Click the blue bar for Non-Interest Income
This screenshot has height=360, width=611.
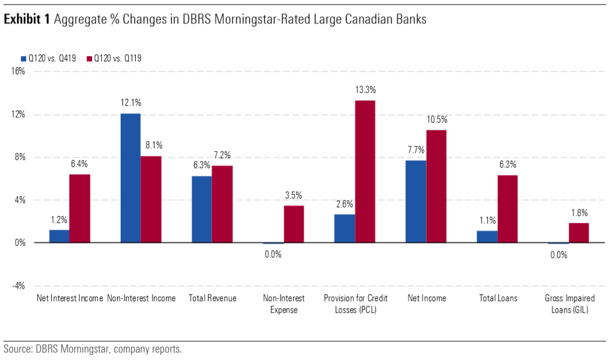tap(130, 178)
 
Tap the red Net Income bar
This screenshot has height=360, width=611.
tap(436, 186)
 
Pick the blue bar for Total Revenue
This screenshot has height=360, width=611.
tap(201, 209)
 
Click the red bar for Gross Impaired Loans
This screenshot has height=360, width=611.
tap(578, 233)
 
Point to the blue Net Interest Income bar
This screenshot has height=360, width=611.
tap(59, 236)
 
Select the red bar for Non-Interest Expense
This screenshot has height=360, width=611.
tap(294, 224)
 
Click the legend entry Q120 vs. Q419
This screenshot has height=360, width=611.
tap(50, 58)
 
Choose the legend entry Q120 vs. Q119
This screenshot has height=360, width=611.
tap(116, 58)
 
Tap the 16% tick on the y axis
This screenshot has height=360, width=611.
tap(17, 72)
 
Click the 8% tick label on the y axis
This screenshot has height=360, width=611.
tap(19, 157)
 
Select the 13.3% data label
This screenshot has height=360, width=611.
tap(366, 90)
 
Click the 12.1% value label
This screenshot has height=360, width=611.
tap(130, 103)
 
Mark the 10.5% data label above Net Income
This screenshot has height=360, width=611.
tap(436, 120)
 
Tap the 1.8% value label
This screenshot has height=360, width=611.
tap(579, 212)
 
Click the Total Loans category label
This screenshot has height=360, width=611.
tap(497, 298)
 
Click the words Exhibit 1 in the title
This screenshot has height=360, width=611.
tap(27, 20)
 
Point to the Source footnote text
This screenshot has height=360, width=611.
tap(93, 349)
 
